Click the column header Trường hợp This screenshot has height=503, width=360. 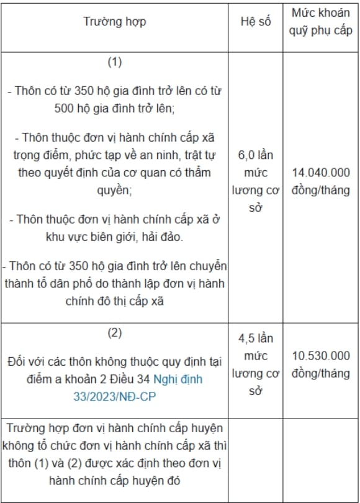tap(115, 21)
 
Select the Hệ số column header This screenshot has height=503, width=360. tap(256, 21)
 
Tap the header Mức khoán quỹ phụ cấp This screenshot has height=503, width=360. tap(320, 21)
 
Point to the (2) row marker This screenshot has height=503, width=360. tap(114, 332)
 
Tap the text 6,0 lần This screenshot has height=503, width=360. tap(256, 154)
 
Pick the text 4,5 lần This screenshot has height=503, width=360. tap(256, 338)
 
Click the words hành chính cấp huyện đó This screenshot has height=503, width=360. tap(114, 481)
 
